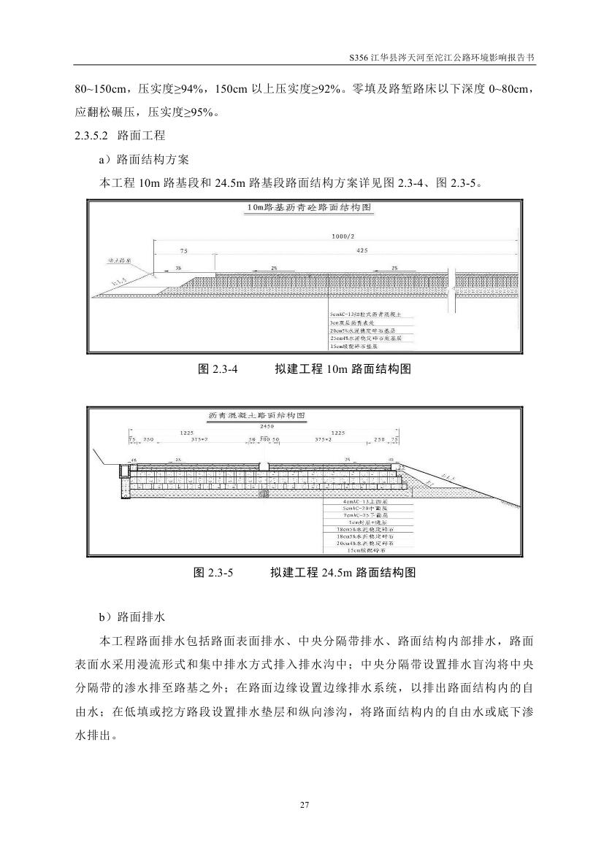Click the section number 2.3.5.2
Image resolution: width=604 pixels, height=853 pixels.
pyautogui.click(x=91, y=136)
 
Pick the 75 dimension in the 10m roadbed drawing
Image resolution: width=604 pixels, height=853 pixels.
pyautogui.click(x=183, y=250)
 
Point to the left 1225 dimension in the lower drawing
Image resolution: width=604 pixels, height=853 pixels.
pyautogui.click(x=186, y=432)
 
